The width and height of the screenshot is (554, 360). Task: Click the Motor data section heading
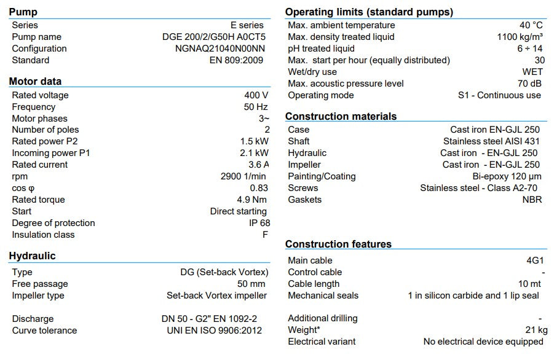pyautogui.click(x=35, y=81)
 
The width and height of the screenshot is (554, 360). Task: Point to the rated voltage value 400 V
pyautogui.click(x=256, y=95)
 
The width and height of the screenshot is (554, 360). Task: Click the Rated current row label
pyautogui.click(x=41, y=165)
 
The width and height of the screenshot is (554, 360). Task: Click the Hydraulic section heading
pyautogui.click(x=32, y=256)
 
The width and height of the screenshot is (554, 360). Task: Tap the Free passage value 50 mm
pyautogui.click(x=251, y=284)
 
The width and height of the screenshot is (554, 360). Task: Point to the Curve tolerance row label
pyautogui.click(x=44, y=331)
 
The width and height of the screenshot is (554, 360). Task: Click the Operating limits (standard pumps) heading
pyautogui.click(x=369, y=12)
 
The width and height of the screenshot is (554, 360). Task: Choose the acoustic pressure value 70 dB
pyautogui.click(x=529, y=84)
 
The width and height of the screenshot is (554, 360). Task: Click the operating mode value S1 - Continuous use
pyautogui.click(x=499, y=95)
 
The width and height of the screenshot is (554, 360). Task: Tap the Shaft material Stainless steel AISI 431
pyautogui.click(x=491, y=141)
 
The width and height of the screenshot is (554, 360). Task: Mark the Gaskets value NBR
pyautogui.click(x=532, y=200)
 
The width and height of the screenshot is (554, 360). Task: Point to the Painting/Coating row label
pyautogui.click(x=322, y=176)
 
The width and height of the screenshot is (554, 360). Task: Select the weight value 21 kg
pyautogui.click(x=532, y=330)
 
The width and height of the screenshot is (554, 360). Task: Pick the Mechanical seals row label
pyautogui.click(x=323, y=295)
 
